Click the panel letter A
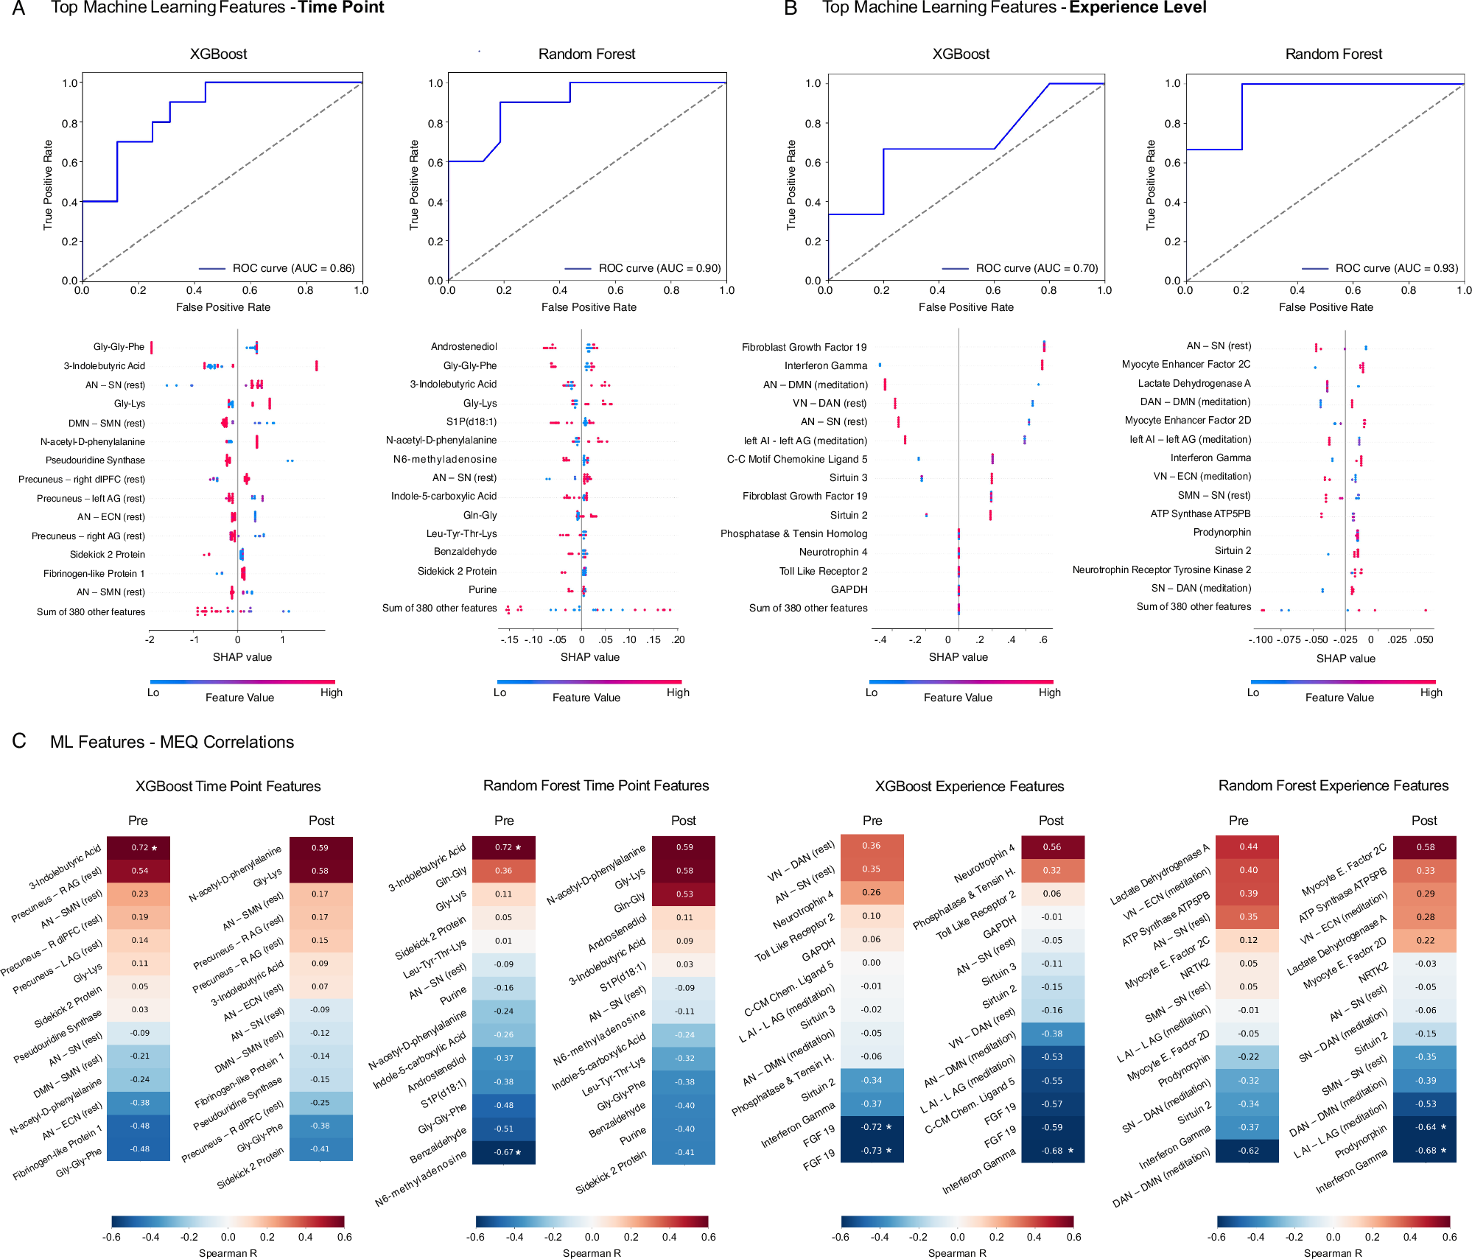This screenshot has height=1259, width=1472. click(19, 9)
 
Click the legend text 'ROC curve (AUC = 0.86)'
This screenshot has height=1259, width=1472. click(293, 268)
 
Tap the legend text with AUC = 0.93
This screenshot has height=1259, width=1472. click(1396, 268)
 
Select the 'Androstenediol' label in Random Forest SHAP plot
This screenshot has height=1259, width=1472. click(463, 346)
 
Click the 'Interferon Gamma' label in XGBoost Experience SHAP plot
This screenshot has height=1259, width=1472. click(825, 365)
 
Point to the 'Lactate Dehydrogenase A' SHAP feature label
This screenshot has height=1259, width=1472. click(1194, 383)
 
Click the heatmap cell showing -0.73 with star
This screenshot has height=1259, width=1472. click(872, 1150)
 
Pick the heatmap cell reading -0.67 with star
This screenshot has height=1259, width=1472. click(504, 1152)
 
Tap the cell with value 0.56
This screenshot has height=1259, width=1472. click(1052, 847)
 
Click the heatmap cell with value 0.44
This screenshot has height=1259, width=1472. click(1247, 847)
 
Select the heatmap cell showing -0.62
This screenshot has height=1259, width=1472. click(1247, 1150)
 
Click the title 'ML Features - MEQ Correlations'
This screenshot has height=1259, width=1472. click(172, 742)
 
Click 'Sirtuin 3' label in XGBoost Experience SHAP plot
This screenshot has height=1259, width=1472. click(848, 477)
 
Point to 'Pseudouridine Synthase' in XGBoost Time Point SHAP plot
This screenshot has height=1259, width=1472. click(95, 460)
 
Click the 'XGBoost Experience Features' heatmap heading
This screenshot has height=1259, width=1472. click(969, 786)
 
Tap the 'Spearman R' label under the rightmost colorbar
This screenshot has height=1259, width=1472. click(1332, 1253)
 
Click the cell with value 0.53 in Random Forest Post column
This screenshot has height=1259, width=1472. click(684, 894)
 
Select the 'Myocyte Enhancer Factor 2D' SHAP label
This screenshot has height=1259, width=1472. click(1187, 420)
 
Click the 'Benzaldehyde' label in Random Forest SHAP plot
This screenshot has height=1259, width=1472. click(465, 552)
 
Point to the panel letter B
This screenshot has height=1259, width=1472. click(791, 9)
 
